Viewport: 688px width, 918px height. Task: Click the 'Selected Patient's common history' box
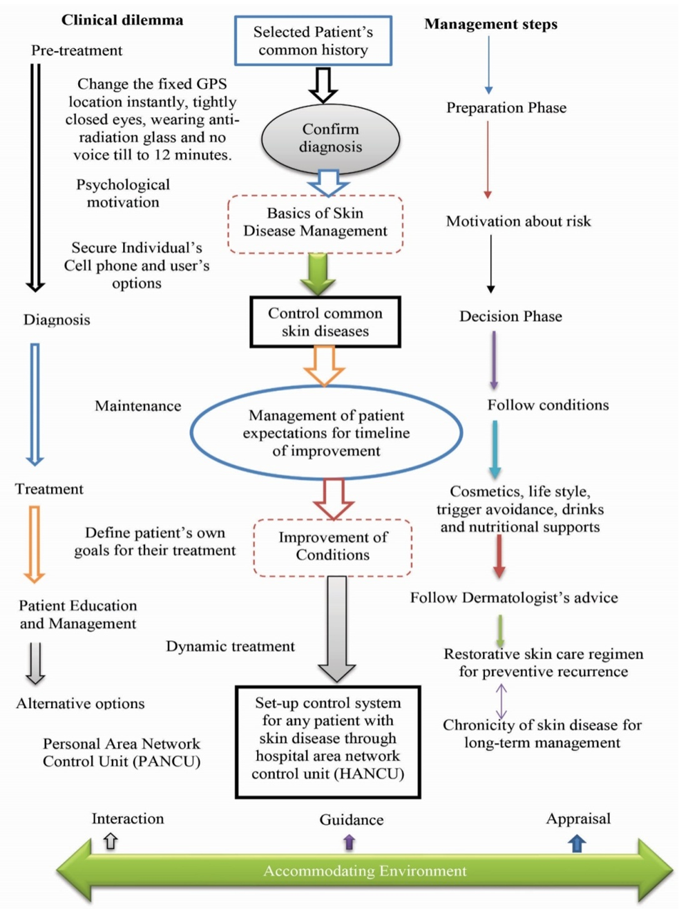click(x=313, y=41)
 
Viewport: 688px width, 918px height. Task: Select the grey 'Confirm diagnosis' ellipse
click(x=330, y=138)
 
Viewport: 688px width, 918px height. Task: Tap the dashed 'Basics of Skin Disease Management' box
click(x=315, y=223)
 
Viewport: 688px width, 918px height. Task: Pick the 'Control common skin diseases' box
click(x=325, y=322)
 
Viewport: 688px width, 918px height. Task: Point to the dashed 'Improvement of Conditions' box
click(x=332, y=546)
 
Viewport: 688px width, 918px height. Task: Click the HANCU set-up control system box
click(x=327, y=741)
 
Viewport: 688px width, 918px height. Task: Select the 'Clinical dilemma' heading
click(x=122, y=20)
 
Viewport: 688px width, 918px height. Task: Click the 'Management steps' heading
click(x=490, y=24)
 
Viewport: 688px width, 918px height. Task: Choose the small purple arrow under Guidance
click(x=349, y=842)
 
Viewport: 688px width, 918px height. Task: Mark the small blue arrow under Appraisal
click(x=577, y=843)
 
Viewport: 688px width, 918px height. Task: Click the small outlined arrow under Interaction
click(x=111, y=841)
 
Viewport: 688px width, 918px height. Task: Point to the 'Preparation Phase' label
click(x=506, y=108)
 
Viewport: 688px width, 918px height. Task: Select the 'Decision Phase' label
click(x=510, y=316)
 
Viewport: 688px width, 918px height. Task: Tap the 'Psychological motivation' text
click(x=123, y=193)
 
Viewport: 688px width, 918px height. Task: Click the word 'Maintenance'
click(x=137, y=406)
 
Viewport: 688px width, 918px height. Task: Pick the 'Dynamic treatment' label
click(x=230, y=647)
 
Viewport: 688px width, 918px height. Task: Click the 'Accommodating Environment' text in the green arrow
click(x=365, y=871)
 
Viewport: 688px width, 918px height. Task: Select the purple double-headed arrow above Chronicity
click(x=501, y=701)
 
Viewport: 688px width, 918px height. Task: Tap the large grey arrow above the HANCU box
click(x=336, y=629)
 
